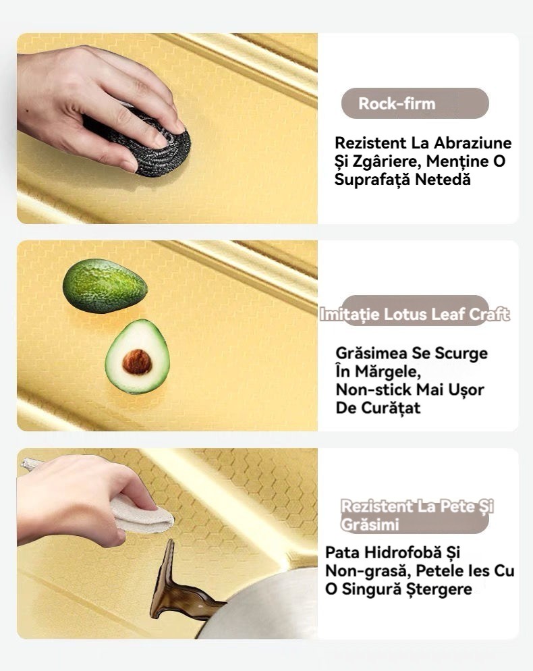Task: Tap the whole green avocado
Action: point(105,286)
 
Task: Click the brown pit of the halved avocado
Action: point(137,362)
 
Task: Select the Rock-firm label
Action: point(397,103)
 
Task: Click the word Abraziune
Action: point(473,142)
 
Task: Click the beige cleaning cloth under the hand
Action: point(141,516)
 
